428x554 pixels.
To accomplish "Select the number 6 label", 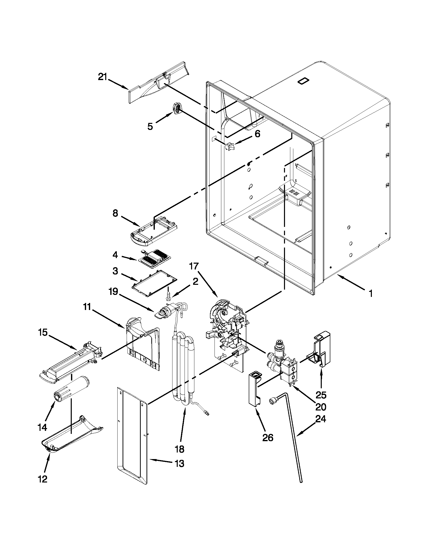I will point(257,134).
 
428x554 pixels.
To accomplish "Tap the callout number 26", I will point(268,437).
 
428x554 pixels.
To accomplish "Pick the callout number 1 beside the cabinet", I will point(371,294).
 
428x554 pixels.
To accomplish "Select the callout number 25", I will point(321,395).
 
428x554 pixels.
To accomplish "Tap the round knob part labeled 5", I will point(177,109).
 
